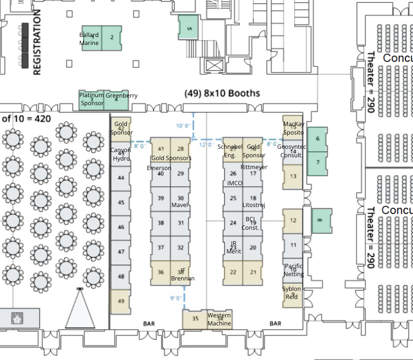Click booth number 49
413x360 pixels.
pyautogui.click(x=120, y=301)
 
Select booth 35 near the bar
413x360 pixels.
pyautogui.click(x=195, y=319)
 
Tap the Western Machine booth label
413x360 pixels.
pyautogui.click(x=219, y=319)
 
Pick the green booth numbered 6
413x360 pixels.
pyautogui.click(x=317, y=139)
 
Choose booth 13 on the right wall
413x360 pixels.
pyautogui.click(x=293, y=176)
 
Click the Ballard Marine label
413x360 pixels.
pyautogui.click(x=89, y=39)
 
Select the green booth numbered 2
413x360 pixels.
pyautogui.click(x=112, y=38)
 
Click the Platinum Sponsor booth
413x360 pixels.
pyautogui.click(x=92, y=99)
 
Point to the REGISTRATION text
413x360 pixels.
pyautogui.click(x=37, y=43)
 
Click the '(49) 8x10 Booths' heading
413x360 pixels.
pyautogui.click(x=222, y=93)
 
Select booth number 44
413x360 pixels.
pyautogui.click(x=121, y=178)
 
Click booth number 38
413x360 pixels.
pyautogui.click(x=161, y=223)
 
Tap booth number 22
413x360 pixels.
pyautogui.click(x=233, y=272)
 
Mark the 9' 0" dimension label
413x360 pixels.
pyautogui.click(x=176, y=298)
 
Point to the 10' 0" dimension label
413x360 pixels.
pyautogui.click(x=183, y=126)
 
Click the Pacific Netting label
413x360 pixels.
pyautogui.click(x=294, y=270)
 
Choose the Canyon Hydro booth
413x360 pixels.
pyautogui.click(x=121, y=154)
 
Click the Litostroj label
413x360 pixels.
pyautogui.click(x=254, y=205)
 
